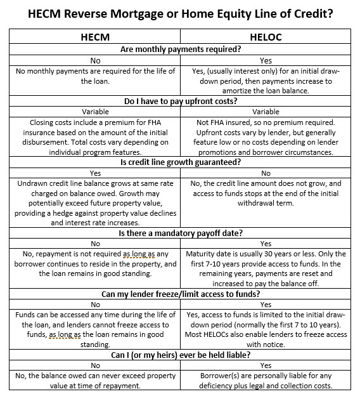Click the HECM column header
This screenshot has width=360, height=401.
[95, 37]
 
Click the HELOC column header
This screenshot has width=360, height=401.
[265, 37]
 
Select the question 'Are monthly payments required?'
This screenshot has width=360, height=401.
[180, 49]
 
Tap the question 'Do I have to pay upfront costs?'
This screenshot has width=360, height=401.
[180, 100]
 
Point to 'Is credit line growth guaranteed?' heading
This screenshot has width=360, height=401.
[180, 162]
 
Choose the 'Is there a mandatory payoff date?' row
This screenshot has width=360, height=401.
[180, 233]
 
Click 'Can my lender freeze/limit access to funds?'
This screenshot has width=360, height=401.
[180, 294]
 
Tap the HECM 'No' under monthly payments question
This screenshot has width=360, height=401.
[95, 60]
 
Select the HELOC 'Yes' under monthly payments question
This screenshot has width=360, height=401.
[265, 60]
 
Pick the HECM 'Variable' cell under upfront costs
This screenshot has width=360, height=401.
[95, 111]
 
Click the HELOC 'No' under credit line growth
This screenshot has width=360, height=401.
[265, 173]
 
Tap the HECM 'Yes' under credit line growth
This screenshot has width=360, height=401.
[95, 173]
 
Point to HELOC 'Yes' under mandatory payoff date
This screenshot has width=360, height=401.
[265, 244]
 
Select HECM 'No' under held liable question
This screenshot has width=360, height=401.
[95, 366]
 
